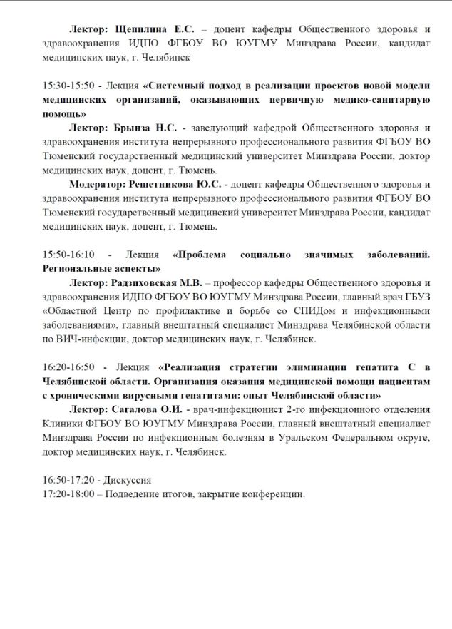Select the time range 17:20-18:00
click(68, 493)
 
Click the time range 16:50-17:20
click(68, 479)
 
